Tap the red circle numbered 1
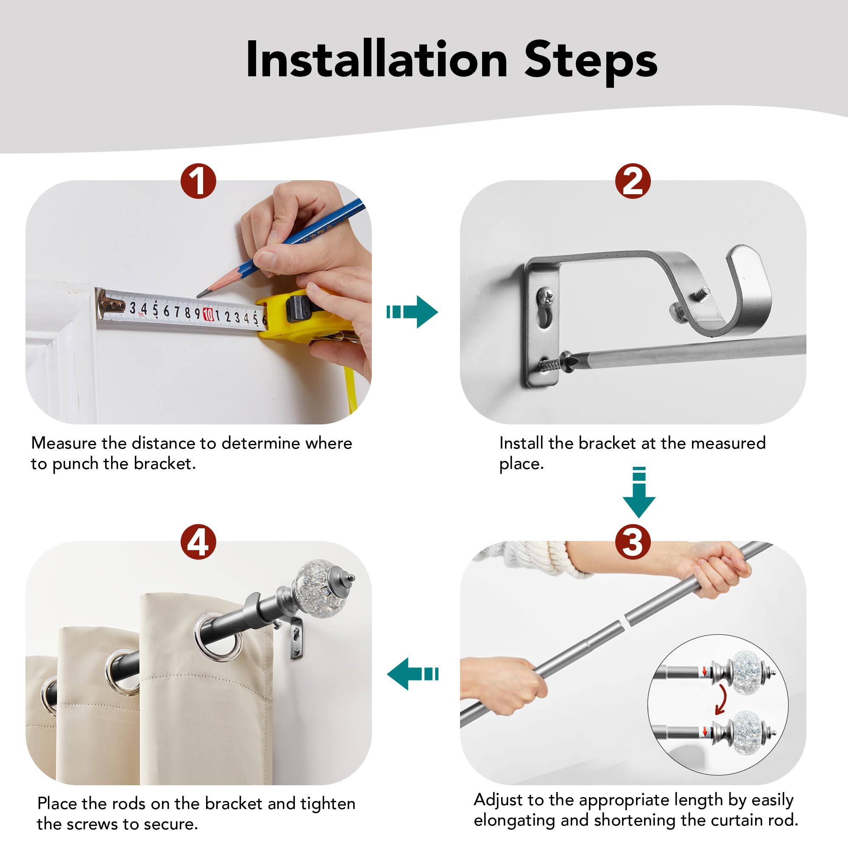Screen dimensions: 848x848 [x=198, y=181]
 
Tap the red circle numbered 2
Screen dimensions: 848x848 [x=633, y=181]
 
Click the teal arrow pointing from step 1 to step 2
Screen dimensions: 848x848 [x=412, y=312]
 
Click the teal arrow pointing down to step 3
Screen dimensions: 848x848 [x=639, y=492]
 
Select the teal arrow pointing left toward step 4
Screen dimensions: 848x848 [x=413, y=674]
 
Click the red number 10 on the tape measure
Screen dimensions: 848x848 [x=209, y=314]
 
